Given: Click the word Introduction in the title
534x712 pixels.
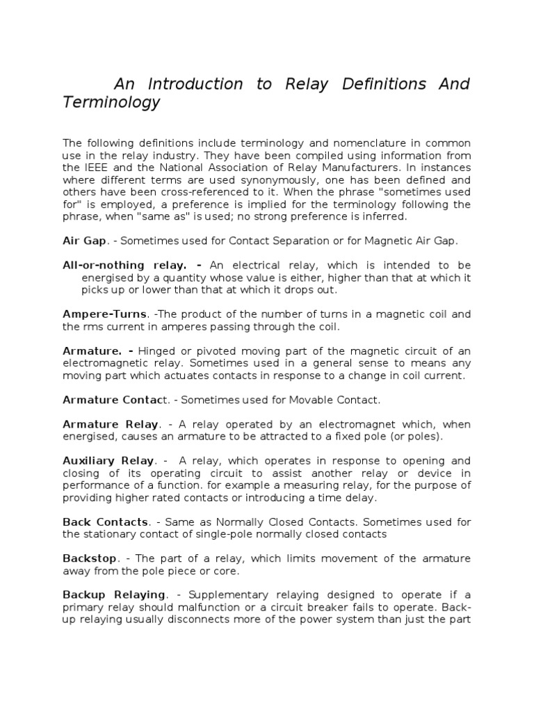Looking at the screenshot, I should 194,84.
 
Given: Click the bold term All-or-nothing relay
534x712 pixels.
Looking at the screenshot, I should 124,265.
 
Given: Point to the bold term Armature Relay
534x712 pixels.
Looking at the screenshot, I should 111,424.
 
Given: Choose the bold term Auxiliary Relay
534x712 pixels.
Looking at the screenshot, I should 108,460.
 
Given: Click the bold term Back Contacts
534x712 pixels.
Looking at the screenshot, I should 105,521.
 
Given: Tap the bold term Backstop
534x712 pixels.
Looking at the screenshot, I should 90,558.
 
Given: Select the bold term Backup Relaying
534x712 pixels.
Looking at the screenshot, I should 114,594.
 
